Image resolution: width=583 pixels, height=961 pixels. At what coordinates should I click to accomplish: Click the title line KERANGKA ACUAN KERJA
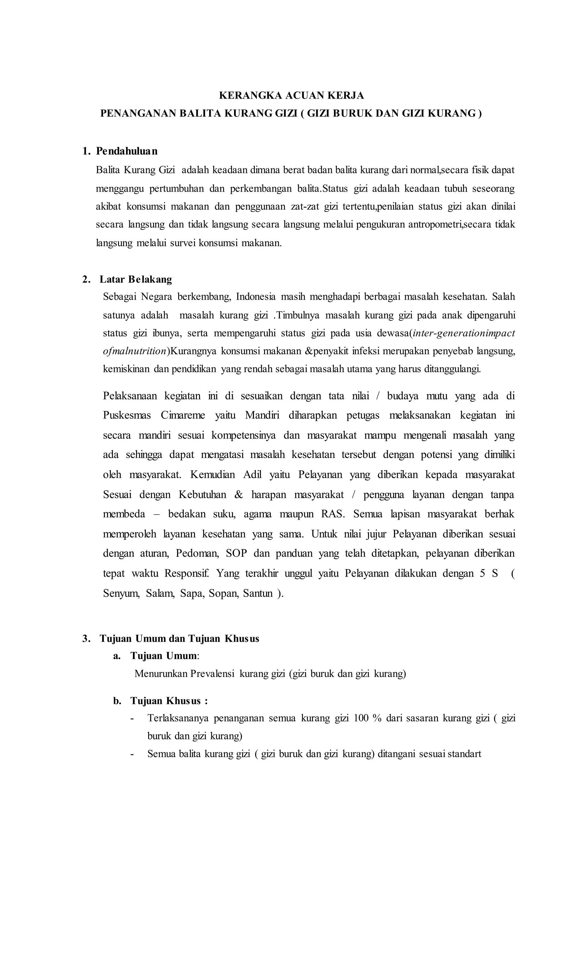point(291,95)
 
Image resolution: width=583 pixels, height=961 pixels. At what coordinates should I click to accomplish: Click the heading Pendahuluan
point(127,151)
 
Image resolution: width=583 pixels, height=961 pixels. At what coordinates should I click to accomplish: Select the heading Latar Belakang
point(136,279)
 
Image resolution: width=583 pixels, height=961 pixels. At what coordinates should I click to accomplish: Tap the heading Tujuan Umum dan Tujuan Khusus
point(179,638)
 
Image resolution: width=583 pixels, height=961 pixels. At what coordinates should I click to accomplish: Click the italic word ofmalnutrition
point(134,351)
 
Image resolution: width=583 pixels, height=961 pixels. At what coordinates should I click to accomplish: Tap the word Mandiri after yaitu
point(262,415)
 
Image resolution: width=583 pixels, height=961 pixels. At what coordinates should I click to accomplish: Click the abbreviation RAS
point(333,514)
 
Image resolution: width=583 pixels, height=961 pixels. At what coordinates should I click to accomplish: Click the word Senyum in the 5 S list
point(121,593)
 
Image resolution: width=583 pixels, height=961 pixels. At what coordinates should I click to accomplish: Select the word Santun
point(258,593)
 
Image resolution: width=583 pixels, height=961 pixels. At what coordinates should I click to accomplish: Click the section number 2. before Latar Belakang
point(86,279)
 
